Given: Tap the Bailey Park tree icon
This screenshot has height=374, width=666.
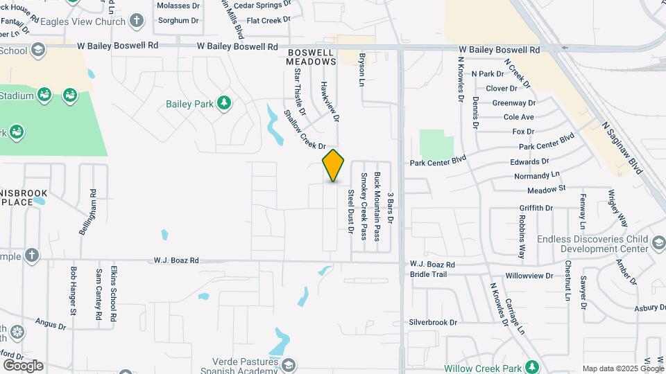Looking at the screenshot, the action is click(223, 104).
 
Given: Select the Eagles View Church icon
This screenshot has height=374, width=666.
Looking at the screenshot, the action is click(137, 21).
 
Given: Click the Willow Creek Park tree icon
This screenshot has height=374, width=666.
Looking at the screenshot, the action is click(532, 366).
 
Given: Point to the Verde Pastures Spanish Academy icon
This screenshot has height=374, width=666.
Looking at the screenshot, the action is click(288, 364).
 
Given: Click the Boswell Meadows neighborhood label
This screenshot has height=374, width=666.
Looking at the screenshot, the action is click(311, 57).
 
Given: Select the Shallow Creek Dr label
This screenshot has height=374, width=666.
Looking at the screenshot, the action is click(305, 130).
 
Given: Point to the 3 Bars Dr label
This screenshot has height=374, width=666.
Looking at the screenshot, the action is click(391, 208).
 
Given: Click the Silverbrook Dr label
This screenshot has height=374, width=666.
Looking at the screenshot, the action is click(434, 322).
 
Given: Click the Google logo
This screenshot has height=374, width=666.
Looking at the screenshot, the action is click(22, 366).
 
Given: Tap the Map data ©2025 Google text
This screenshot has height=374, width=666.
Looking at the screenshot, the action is click(622, 368).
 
